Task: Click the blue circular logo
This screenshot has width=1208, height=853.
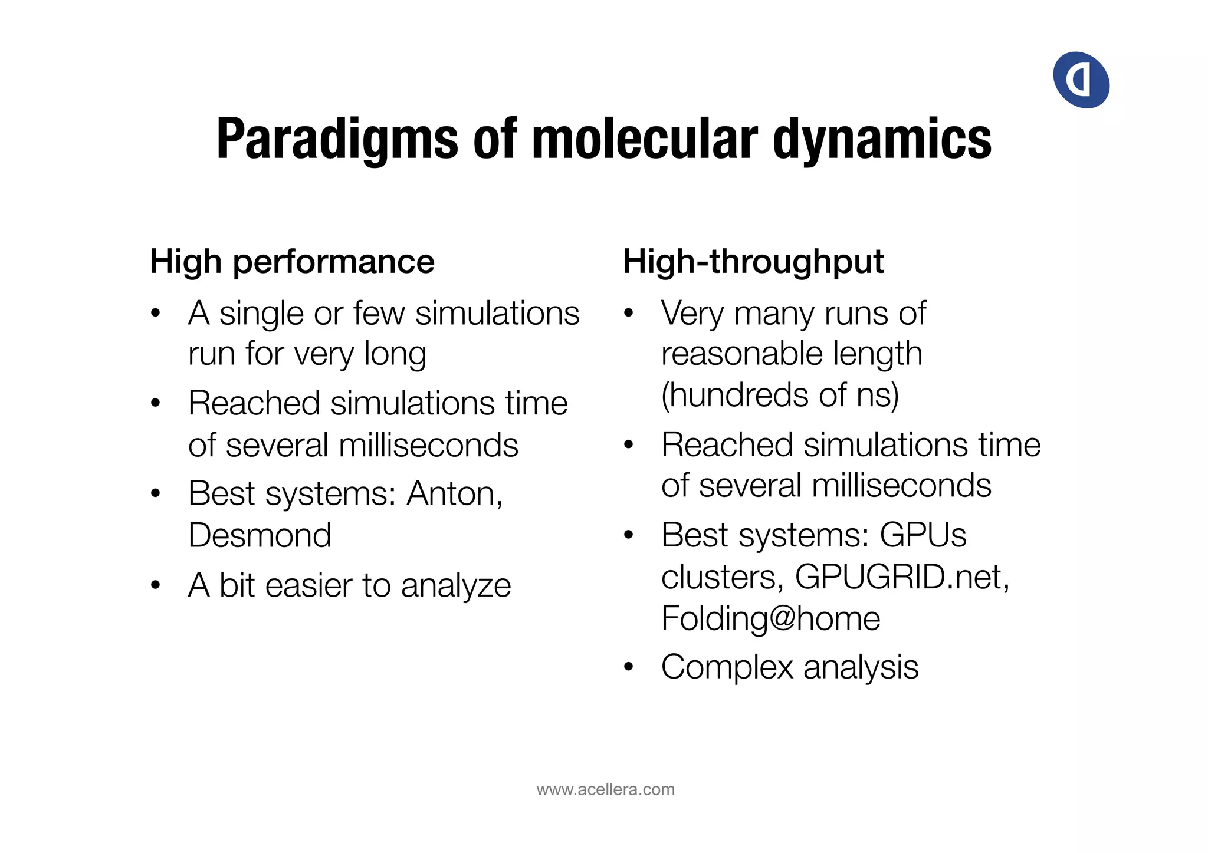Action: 1081,80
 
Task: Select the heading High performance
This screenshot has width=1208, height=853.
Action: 292,261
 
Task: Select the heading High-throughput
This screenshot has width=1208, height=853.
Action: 753,261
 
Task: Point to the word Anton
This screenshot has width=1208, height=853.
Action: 454,493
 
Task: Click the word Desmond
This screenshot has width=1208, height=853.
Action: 260,535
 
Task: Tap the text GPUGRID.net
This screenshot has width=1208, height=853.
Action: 902,577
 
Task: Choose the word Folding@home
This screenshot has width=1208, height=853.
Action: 770,618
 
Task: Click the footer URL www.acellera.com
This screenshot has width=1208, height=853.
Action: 605,789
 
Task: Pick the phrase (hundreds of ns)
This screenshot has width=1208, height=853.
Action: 780,394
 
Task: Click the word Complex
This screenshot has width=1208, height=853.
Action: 727,667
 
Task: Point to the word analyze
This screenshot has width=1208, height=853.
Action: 455,585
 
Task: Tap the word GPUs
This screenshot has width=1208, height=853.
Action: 923,535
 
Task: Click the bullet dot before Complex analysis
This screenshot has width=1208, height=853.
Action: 629,667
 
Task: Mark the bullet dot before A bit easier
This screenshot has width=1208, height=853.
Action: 156,585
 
